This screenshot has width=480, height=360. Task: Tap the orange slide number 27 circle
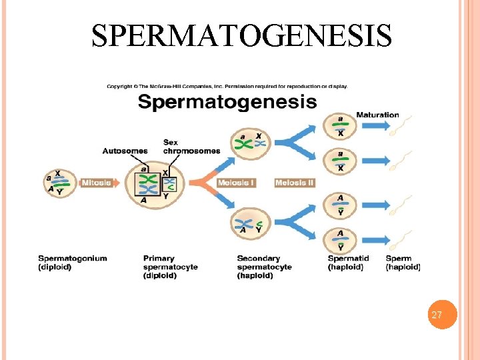tap(437, 315)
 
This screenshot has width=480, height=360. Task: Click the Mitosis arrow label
tap(96, 183)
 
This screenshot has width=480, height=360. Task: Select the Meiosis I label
tap(236, 183)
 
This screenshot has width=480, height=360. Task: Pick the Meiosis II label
tap(294, 183)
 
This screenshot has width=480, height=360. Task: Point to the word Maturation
tap(377, 115)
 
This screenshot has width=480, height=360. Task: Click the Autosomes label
tap(125, 151)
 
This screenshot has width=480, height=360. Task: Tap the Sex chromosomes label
tap(191, 147)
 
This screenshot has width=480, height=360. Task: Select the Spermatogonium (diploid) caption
tap(73, 263)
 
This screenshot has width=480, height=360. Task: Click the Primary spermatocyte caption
tap(171, 267)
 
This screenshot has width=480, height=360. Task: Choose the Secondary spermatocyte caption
tap(265, 267)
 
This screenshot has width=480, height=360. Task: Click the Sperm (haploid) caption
tap(403, 263)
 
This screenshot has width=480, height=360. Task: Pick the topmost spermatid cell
tap(341, 125)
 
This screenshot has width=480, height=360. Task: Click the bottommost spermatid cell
tap(341, 239)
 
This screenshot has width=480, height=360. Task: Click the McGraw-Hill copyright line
tap(227, 85)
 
